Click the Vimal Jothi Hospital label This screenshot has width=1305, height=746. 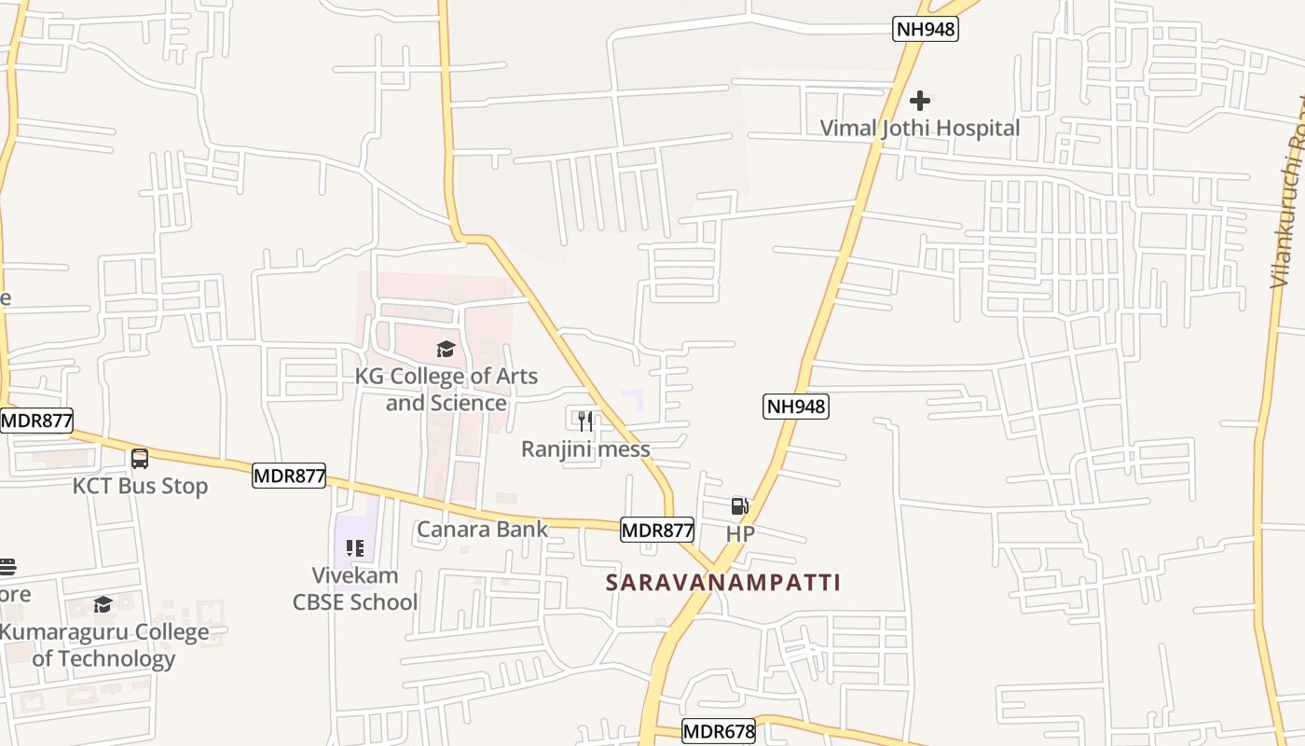click(920, 128)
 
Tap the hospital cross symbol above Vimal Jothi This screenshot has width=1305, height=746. click(920, 101)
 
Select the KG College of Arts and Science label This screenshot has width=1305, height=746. click(446, 389)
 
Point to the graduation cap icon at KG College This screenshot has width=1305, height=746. click(446, 350)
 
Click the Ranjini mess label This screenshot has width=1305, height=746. click(585, 449)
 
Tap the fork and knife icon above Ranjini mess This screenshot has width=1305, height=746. click(585, 421)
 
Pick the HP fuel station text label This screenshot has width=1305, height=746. click(740, 533)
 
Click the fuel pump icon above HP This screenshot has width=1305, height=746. click(739, 506)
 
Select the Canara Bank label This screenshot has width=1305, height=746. click(483, 530)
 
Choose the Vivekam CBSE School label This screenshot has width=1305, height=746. click(355, 588)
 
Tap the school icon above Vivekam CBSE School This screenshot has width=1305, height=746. click(354, 547)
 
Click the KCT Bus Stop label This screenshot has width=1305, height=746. click(141, 486)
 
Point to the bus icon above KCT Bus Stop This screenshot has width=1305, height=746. click(140, 459)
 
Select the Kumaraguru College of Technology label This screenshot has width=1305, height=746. click(104, 645)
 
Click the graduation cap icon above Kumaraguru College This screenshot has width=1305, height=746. click(103, 605)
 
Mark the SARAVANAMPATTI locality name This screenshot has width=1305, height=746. click(723, 583)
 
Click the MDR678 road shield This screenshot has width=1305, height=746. click(718, 731)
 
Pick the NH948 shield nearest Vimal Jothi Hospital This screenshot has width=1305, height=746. click(925, 29)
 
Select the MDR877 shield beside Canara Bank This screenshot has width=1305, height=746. click(657, 531)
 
